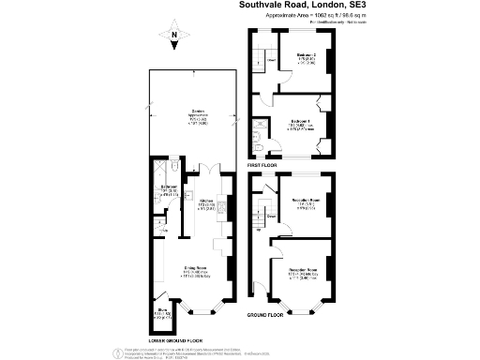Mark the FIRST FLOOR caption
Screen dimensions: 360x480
pos(265,164)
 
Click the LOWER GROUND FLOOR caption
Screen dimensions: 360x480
pos(175,339)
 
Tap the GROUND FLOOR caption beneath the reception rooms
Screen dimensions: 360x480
pos(264,316)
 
